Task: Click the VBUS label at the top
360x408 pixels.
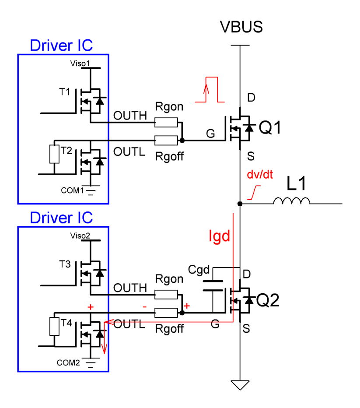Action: tap(241, 27)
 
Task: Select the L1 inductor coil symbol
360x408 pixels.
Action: tap(292, 201)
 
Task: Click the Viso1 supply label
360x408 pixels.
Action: tap(80, 63)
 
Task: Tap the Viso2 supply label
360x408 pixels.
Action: tap(80, 236)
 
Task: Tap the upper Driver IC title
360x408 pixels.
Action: tap(61, 45)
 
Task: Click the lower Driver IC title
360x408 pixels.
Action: tap(61, 218)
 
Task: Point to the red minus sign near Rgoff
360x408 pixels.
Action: tap(144, 307)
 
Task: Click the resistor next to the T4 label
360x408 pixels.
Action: tap(54, 327)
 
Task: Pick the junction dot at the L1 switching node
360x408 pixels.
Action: tap(240, 204)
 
